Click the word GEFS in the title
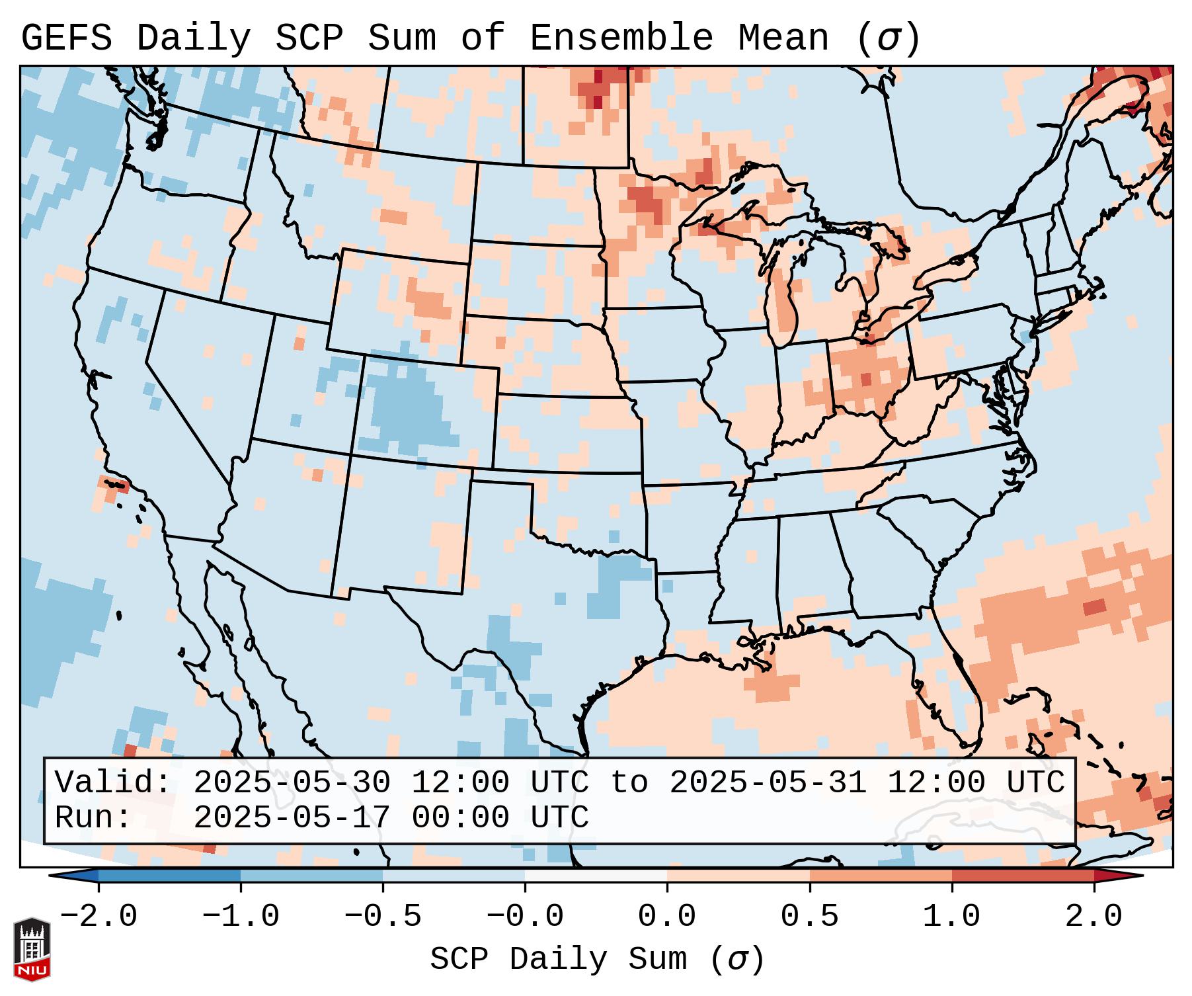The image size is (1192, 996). click(x=66, y=38)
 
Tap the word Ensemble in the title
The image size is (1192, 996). click(x=621, y=38)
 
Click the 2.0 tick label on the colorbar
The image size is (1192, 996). click(x=1094, y=917)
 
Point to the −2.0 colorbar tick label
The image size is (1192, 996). click(x=99, y=917)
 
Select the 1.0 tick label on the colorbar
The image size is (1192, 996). click(x=951, y=917)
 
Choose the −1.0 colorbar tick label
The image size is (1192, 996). click(x=241, y=917)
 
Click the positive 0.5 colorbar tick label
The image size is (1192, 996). click(x=809, y=917)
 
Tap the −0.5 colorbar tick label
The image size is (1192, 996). click(x=383, y=917)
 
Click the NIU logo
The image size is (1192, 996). click(x=32, y=949)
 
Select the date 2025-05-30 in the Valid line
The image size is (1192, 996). click(x=292, y=782)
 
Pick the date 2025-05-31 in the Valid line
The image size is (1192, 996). click(x=768, y=782)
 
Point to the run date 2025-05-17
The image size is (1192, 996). click(x=292, y=817)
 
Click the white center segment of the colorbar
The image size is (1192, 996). click(x=596, y=875)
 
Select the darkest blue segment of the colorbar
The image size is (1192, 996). click(x=169, y=875)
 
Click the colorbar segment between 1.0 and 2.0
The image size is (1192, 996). click(x=1023, y=875)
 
